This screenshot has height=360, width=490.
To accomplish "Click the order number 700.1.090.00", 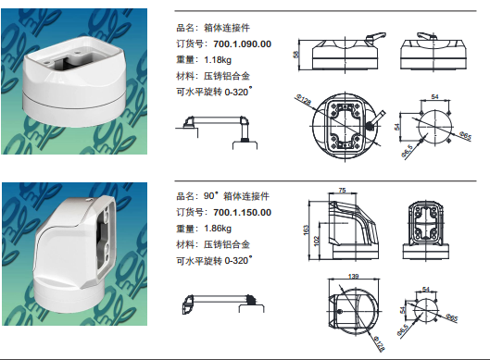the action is [242, 44].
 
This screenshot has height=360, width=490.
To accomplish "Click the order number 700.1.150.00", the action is [242, 213].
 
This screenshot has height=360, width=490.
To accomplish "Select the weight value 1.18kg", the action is [218, 59].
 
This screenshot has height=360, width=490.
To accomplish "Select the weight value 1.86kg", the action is [218, 229].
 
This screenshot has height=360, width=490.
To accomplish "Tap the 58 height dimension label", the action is [295, 55].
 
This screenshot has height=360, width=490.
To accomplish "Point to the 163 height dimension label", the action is [307, 230].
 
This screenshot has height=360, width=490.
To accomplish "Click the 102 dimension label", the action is [316, 241].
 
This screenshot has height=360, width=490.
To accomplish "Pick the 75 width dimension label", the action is [342, 190].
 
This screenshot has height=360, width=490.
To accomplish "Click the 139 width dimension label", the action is [353, 277].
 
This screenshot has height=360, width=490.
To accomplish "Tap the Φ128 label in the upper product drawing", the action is [303, 100].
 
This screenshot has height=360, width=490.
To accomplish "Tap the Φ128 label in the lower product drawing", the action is [379, 343].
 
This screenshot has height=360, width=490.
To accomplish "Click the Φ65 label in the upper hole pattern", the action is [465, 135].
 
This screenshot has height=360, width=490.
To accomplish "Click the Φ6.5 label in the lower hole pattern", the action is [403, 330].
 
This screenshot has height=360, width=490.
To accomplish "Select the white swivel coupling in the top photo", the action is [75, 81].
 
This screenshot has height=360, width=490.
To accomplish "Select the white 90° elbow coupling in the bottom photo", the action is [75, 254].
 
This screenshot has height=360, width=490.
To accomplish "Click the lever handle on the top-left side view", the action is [375, 36].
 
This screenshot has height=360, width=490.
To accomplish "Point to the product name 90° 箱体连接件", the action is [236, 196].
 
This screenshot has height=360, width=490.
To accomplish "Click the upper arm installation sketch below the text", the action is [216, 132].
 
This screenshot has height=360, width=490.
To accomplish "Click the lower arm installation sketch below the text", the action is [223, 304].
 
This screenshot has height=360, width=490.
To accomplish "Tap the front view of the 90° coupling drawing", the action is [426, 230].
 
